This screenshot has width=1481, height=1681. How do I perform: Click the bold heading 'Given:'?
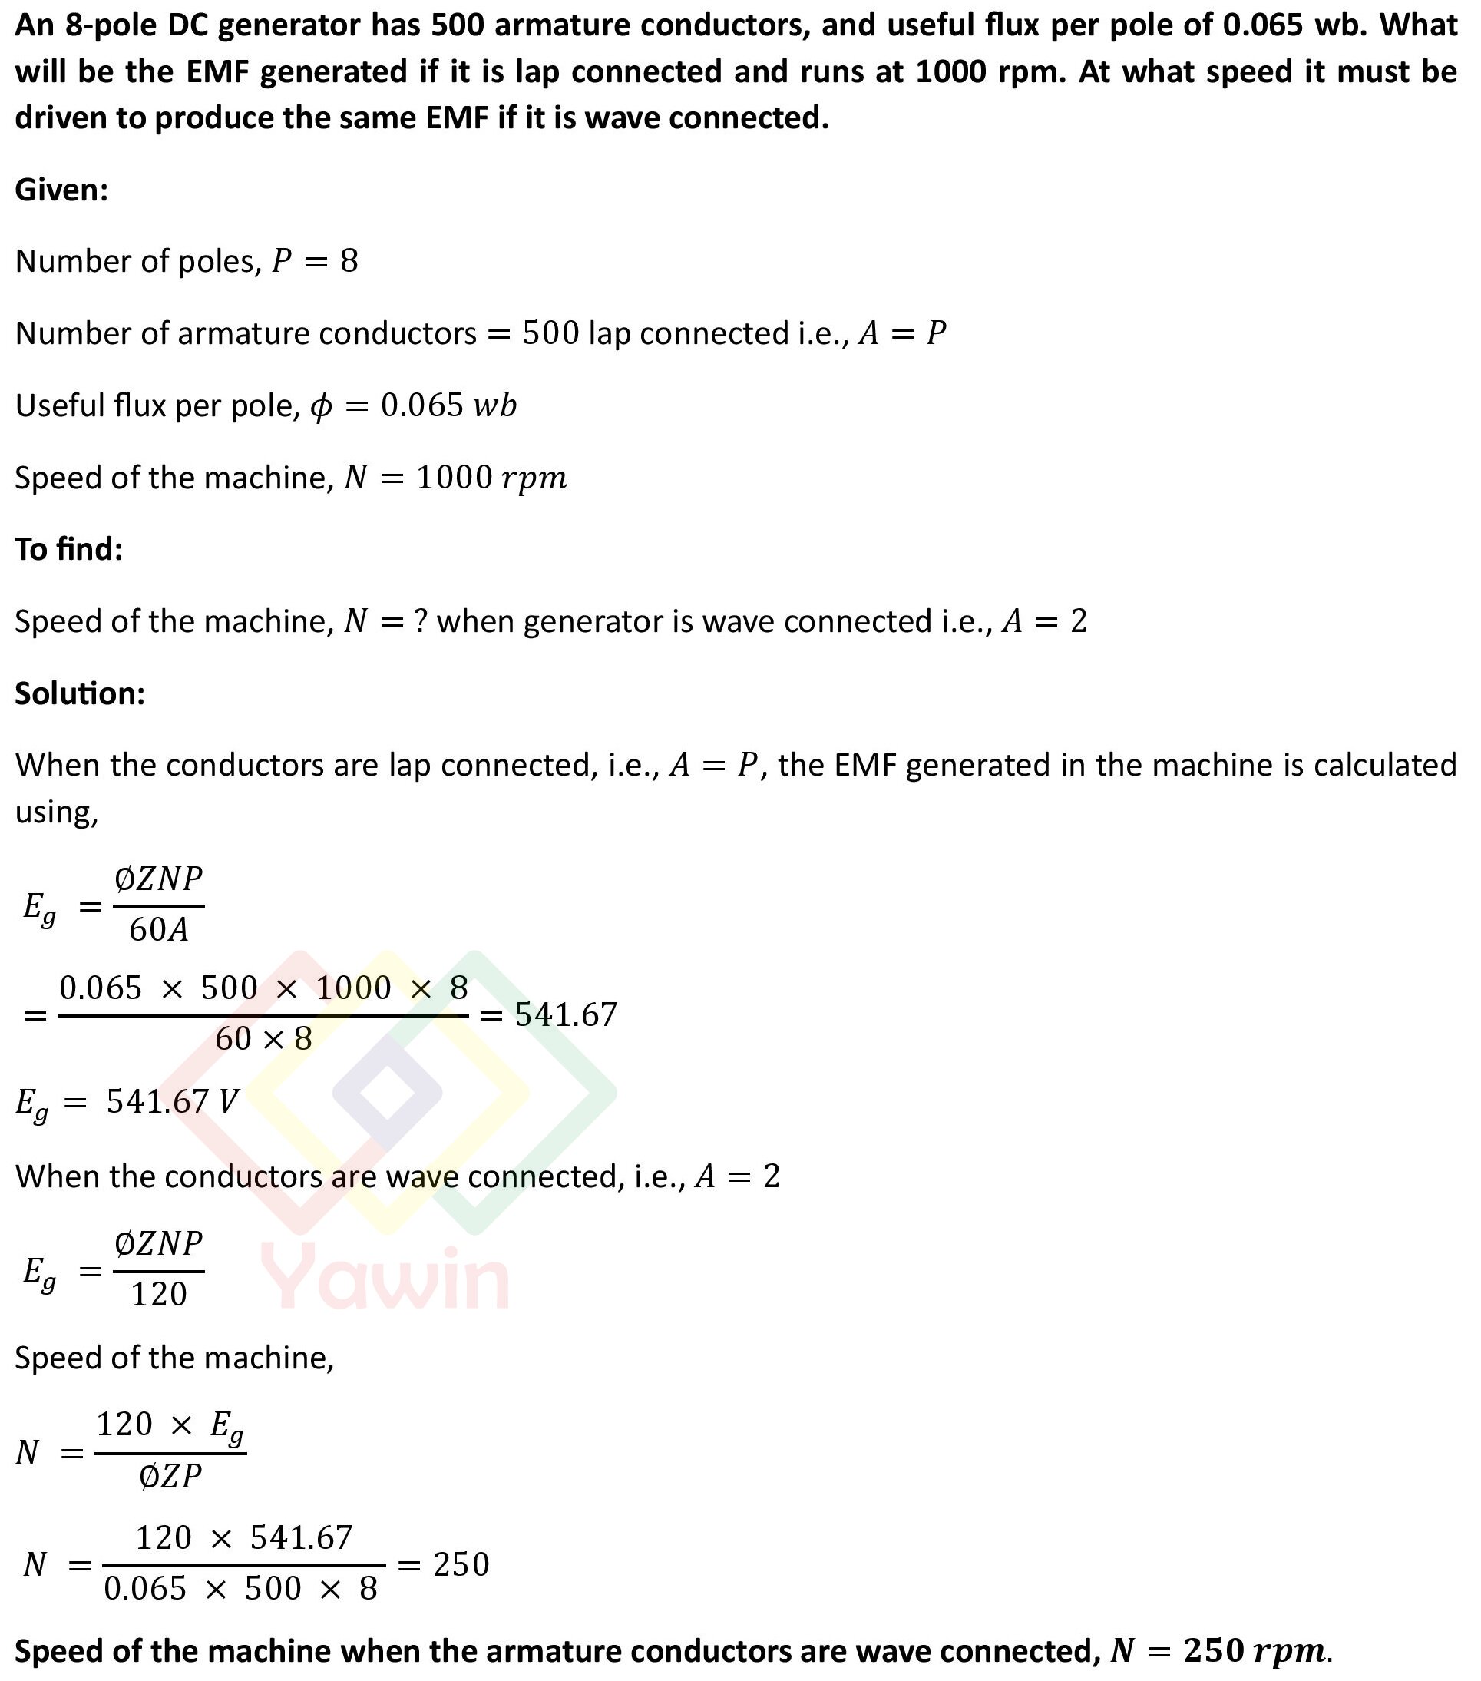(61, 190)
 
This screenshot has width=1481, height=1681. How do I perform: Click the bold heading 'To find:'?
(69, 548)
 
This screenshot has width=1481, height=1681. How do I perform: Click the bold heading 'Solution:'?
(80, 693)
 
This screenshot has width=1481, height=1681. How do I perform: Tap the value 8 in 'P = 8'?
(349, 262)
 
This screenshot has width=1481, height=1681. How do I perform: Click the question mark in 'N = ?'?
(420, 621)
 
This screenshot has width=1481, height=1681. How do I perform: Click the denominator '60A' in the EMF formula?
(159, 930)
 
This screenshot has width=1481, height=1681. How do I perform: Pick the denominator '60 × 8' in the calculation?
(263, 1039)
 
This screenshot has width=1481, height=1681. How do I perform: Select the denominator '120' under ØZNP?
(159, 1295)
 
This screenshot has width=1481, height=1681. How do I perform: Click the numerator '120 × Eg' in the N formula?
(170, 1425)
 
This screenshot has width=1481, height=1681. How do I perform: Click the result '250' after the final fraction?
(461, 1564)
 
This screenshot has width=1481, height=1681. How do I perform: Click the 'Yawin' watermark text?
(385, 1276)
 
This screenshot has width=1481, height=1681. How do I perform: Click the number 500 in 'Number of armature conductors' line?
(550, 334)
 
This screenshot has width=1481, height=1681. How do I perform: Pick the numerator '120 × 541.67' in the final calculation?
(243, 1538)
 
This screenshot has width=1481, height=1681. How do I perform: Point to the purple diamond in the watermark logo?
(386, 1093)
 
